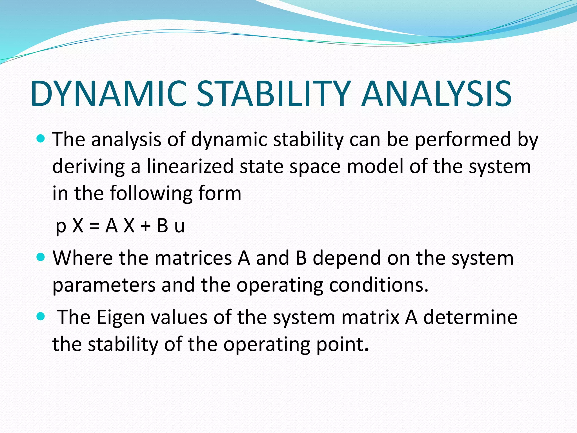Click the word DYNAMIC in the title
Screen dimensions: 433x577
tap(108, 94)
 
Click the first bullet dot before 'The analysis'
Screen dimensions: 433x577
tap(41, 139)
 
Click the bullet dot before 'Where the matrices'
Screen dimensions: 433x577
tap(41, 257)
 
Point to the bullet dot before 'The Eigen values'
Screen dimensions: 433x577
tap(41, 316)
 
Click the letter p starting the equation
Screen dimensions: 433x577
tap(61, 227)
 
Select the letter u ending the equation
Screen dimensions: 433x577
tap(179, 227)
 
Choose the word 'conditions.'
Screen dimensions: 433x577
tap(379, 285)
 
